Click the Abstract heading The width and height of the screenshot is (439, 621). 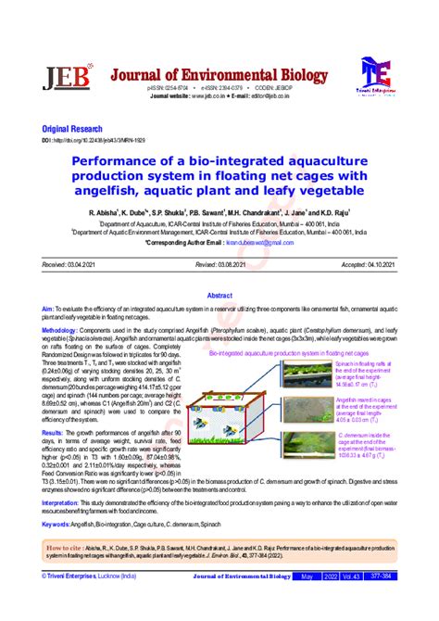coord(219,292)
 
